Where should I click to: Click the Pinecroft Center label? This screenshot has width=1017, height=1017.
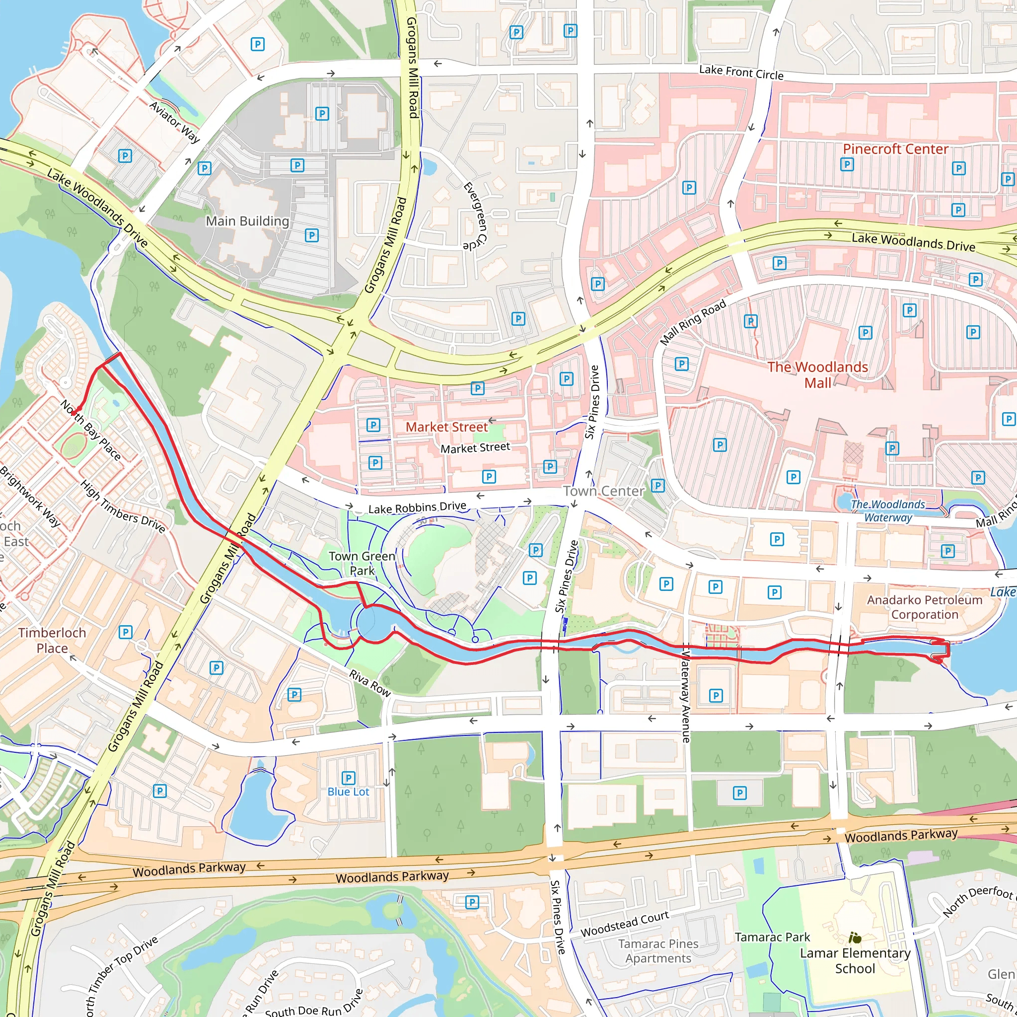pyautogui.click(x=895, y=149)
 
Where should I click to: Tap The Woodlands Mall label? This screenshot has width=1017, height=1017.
pyautogui.click(x=817, y=375)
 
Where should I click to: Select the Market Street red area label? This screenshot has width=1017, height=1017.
pyautogui.click(x=446, y=427)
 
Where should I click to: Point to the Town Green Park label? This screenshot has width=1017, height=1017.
pyautogui.click(x=362, y=563)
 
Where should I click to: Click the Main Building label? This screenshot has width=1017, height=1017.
pyautogui.click(x=247, y=221)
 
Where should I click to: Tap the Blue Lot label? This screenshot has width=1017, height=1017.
pyautogui.click(x=348, y=792)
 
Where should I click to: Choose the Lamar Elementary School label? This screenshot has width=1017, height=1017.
pyautogui.click(x=855, y=961)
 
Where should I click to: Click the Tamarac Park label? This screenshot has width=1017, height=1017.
pyautogui.click(x=772, y=937)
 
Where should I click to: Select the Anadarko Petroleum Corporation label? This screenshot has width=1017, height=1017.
pyautogui.click(x=924, y=607)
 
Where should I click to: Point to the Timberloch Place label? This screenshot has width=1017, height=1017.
pyautogui.click(x=52, y=640)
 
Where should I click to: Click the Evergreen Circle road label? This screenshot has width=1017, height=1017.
pyautogui.click(x=475, y=217)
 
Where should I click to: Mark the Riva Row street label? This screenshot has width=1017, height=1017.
pyautogui.click(x=370, y=683)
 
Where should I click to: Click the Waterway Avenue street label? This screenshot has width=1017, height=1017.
pyautogui.click(x=686, y=696)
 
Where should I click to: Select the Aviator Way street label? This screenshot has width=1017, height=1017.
pyautogui.click(x=175, y=122)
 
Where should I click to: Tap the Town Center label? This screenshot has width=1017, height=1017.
pyautogui.click(x=603, y=491)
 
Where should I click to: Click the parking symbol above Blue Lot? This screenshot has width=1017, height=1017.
pyautogui.click(x=348, y=778)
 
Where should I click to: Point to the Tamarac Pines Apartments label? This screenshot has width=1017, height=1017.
pyautogui.click(x=658, y=950)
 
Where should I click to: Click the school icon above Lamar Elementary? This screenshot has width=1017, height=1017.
pyautogui.click(x=855, y=938)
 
